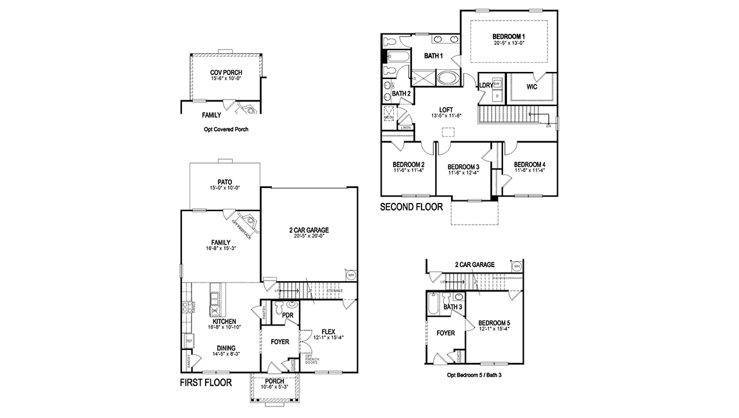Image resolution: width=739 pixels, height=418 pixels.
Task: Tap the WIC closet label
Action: coord(531,87)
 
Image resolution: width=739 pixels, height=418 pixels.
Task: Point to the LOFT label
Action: coord(447,109)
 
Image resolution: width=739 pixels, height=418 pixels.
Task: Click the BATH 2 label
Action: coord(401,94)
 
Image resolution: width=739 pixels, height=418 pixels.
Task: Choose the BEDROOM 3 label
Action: coord(463,166)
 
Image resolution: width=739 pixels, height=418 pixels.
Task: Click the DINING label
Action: coord(225,348)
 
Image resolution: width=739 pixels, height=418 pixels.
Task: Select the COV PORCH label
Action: coord(226,73)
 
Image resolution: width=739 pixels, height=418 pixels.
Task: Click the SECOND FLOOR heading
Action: coord(411,207)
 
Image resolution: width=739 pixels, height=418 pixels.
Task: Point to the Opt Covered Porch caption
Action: coord(226,129)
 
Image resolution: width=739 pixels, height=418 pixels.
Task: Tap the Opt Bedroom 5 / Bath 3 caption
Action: coord(474,374)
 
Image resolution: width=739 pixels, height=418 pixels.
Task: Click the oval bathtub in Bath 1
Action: coord(447,79)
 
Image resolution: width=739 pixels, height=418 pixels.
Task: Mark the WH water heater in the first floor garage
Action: coord(351,275)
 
